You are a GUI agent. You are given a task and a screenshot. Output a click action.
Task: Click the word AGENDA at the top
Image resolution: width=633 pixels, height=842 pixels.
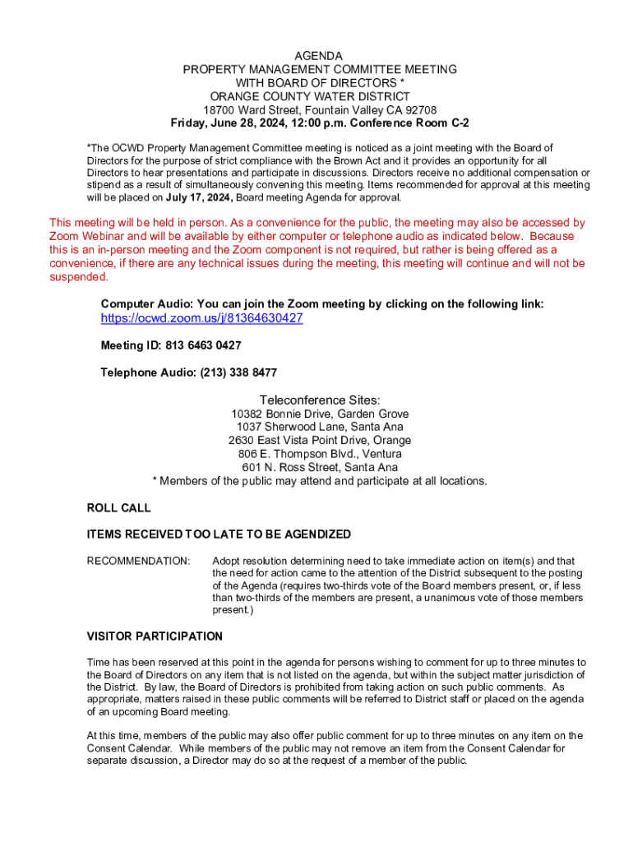click(x=320, y=56)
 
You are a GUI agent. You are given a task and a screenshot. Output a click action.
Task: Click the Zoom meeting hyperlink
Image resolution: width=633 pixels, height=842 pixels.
click(x=201, y=318)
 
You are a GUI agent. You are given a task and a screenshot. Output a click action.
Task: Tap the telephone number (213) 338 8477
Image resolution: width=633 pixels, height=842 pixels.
click(x=238, y=372)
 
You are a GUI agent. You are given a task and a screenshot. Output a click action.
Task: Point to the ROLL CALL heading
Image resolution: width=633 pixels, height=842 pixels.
click(x=119, y=508)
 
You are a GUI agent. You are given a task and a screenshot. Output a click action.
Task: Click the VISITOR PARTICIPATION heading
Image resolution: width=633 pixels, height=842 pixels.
click(x=155, y=636)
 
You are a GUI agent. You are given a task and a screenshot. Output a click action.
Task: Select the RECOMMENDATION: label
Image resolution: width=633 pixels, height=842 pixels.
click(x=138, y=561)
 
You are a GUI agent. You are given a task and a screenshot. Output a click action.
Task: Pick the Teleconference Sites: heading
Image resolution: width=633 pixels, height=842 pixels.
click(x=320, y=400)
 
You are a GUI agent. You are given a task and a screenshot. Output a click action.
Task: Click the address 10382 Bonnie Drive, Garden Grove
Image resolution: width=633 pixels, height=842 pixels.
click(x=320, y=414)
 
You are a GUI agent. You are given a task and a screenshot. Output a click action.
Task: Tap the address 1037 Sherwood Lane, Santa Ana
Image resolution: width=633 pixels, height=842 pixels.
click(x=320, y=427)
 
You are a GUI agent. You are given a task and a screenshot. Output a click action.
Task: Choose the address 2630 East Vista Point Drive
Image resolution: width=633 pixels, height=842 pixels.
click(x=320, y=441)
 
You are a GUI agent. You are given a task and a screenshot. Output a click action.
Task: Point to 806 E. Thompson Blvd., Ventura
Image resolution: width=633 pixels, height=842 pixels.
click(x=320, y=454)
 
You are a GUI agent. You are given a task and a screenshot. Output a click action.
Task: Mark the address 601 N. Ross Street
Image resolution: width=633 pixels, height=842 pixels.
click(x=320, y=468)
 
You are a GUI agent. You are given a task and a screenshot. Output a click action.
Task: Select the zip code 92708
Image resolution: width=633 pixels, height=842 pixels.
click(x=419, y=110)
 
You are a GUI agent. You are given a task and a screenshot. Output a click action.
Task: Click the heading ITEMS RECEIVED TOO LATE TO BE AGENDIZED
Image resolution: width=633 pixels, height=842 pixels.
click(x=219, y=534)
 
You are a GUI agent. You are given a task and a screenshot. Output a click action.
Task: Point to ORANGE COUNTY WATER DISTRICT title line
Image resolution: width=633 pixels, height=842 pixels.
click(x=320, y=96)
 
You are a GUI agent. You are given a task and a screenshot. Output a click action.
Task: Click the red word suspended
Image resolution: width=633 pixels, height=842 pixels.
click(x=79, y=277)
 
